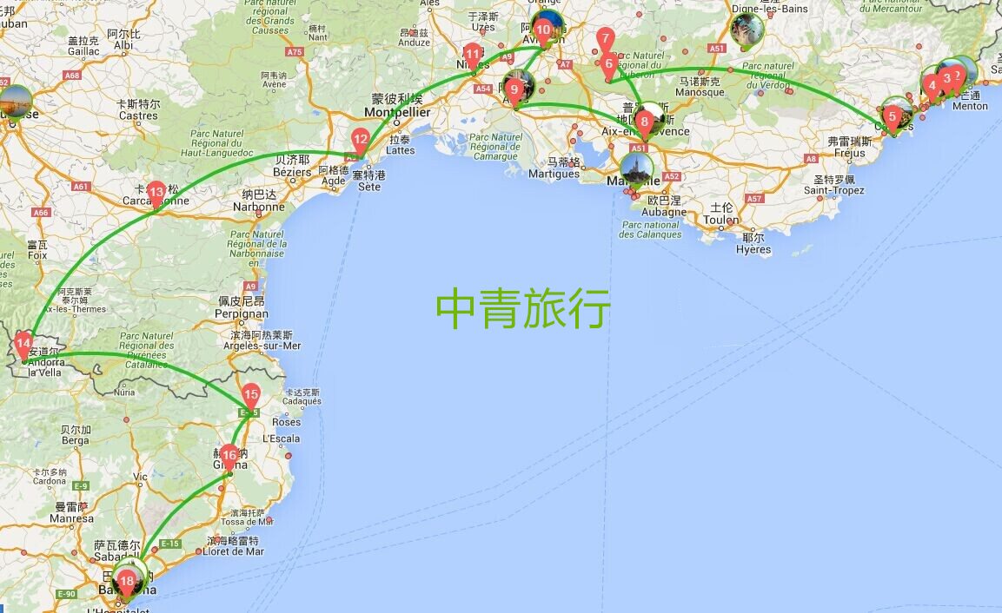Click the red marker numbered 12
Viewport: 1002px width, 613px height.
click(361, 140)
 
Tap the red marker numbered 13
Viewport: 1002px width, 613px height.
click(156, 193)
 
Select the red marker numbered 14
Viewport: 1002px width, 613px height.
click(23, 343)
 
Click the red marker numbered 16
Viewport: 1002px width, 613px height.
click(229, 455)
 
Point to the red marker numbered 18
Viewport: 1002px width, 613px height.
click(127, 582)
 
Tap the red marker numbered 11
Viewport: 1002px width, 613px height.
click(473, 55)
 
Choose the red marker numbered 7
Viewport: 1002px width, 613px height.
click(606, 38)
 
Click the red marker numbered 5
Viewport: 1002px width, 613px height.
click(892, 116)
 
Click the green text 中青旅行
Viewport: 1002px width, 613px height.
click(523, 309)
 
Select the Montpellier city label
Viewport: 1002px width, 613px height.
click(397, 113)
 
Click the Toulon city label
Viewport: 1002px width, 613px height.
click(721, 221)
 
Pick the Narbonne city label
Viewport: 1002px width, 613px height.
click(258, 207)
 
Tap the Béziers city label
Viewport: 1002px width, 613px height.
click(292, 172)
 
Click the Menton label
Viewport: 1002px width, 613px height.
click(970, 106)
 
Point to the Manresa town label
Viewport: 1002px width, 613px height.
click(71, 518)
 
